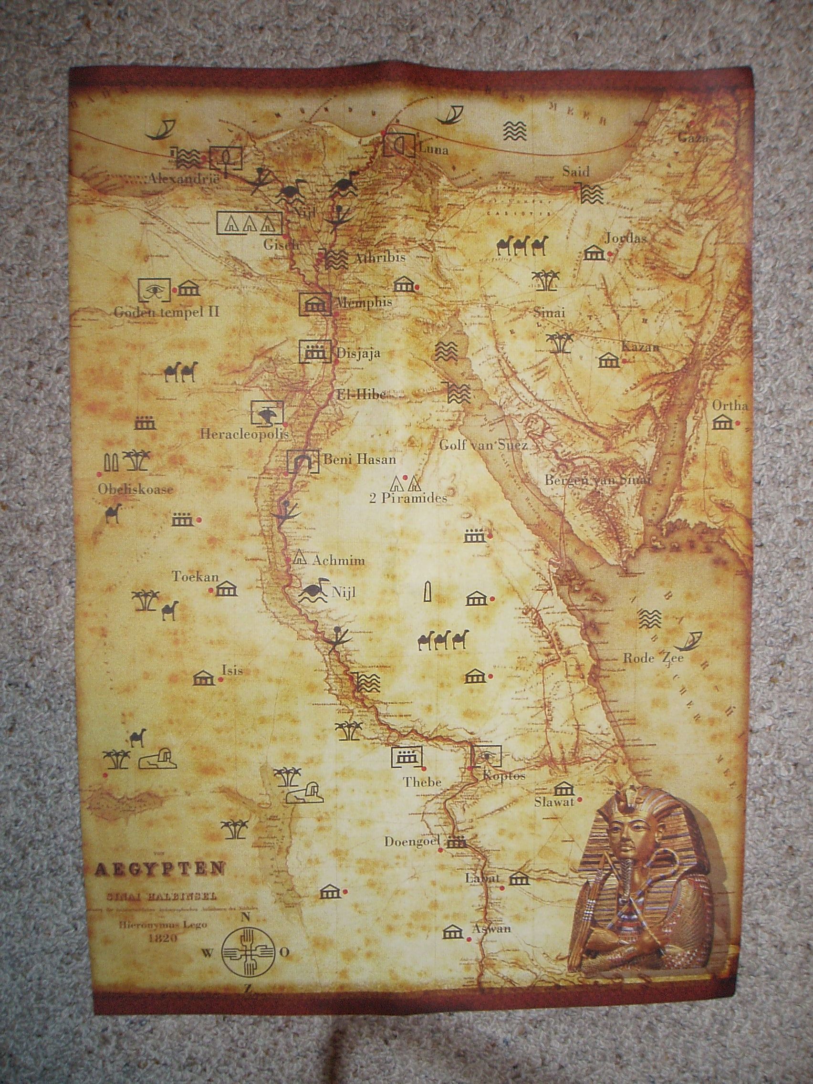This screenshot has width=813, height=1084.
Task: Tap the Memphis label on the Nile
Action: tap(364, 302)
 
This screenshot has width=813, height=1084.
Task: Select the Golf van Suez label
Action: tap(483, 445)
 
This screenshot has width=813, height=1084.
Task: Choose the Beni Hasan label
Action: tap(359, 460)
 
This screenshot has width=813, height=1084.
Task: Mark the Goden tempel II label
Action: tap(167, 311)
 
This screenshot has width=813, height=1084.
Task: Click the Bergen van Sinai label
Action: tap(597, 480)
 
